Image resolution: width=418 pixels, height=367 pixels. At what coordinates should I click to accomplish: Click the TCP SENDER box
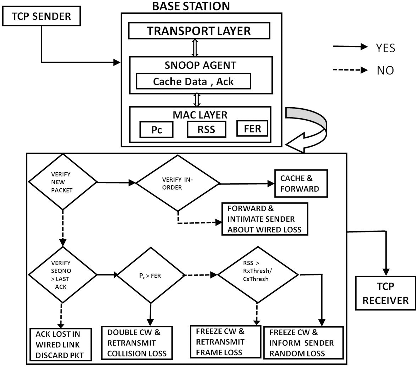41,16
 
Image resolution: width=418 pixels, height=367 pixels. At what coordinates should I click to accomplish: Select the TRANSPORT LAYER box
199,31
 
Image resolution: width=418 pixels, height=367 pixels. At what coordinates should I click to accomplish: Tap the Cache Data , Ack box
193,81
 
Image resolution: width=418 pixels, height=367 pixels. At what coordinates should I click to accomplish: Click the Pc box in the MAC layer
156,130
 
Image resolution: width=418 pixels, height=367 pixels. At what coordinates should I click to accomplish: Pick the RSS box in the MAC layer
206,129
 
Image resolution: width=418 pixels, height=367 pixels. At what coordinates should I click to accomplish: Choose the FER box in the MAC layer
252,128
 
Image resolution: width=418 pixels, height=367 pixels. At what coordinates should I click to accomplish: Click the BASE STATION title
191,6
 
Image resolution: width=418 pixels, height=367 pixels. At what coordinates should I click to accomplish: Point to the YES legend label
385,48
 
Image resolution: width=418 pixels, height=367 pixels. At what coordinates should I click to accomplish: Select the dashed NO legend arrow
350,70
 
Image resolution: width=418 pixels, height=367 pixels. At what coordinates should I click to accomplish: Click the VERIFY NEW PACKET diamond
62,182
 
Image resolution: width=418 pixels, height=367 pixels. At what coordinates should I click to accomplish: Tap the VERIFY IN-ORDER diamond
178,183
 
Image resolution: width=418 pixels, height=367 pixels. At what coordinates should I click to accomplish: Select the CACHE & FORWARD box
301,183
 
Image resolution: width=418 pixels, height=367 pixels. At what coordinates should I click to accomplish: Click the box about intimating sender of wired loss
265,219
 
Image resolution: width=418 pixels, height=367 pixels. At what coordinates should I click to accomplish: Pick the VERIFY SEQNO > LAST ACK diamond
62,274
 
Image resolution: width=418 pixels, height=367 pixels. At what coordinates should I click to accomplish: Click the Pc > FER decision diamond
151,275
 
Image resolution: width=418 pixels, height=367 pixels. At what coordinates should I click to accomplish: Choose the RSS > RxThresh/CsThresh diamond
258,274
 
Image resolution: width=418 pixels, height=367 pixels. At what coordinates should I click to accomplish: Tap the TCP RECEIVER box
385,293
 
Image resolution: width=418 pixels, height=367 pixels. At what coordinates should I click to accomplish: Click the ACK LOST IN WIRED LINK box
60,344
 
